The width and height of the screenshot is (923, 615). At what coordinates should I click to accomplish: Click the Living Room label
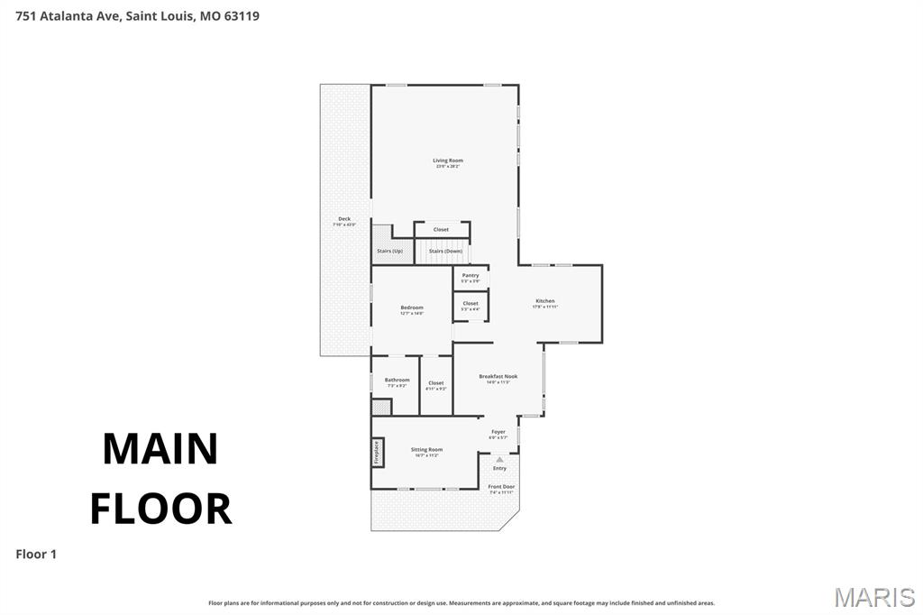click(447, 161)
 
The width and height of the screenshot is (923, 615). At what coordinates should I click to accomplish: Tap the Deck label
click(344, 219)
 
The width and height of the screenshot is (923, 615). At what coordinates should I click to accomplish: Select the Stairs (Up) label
click(389, 251)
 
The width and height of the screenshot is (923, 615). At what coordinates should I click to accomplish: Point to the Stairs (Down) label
click(445, 251)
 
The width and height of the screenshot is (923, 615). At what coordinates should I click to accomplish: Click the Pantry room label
click(471, 276)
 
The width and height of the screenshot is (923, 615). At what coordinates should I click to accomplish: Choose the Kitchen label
click(545, 301)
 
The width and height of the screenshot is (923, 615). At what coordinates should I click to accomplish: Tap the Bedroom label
click(412, 308)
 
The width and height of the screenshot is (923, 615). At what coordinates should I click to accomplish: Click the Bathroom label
click(398, 381)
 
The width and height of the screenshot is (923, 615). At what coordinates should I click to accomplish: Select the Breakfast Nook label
click(498, 377)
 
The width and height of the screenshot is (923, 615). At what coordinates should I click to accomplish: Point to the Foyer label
click(498, 432)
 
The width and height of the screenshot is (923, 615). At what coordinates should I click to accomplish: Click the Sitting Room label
click(427, 450)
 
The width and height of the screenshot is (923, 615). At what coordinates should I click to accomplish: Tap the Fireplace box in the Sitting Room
click(377, 452)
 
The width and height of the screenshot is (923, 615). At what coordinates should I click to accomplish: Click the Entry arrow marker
click(499, 460)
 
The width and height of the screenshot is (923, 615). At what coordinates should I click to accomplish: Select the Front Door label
click(502, 487)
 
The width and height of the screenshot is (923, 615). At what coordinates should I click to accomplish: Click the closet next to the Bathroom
click(436, 384)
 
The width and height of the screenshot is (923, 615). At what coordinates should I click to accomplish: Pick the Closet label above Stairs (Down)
click(441, 230)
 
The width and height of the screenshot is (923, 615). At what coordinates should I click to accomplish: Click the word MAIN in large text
click(160, 449)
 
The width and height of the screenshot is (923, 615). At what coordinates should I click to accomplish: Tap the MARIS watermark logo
click(874, 596)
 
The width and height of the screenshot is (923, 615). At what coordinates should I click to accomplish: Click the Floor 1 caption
click(36, 555)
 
